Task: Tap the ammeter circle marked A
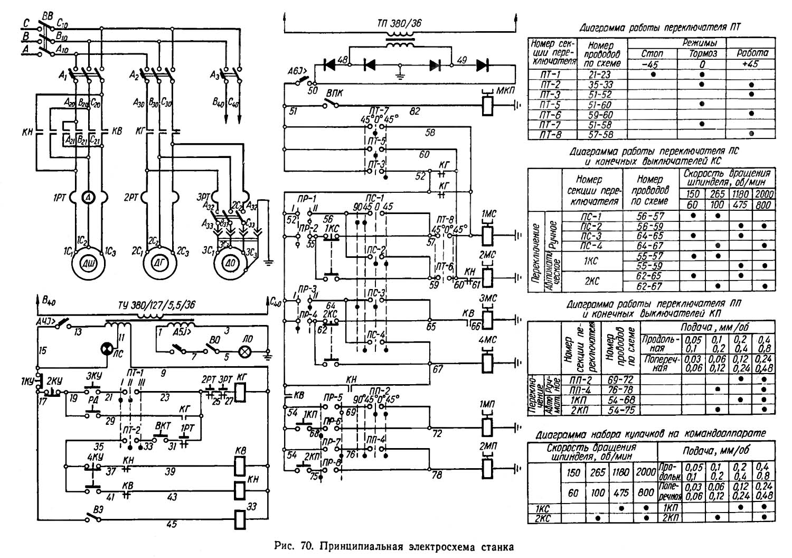click(89, 197)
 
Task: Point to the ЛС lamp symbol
click(107, 349)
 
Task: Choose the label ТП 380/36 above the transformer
click(399, 24)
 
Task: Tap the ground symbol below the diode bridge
click(401, 75)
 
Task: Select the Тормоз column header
click(703, 54)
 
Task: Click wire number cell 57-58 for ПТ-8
click(599, 135)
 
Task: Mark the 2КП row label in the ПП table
click(580, 410)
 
